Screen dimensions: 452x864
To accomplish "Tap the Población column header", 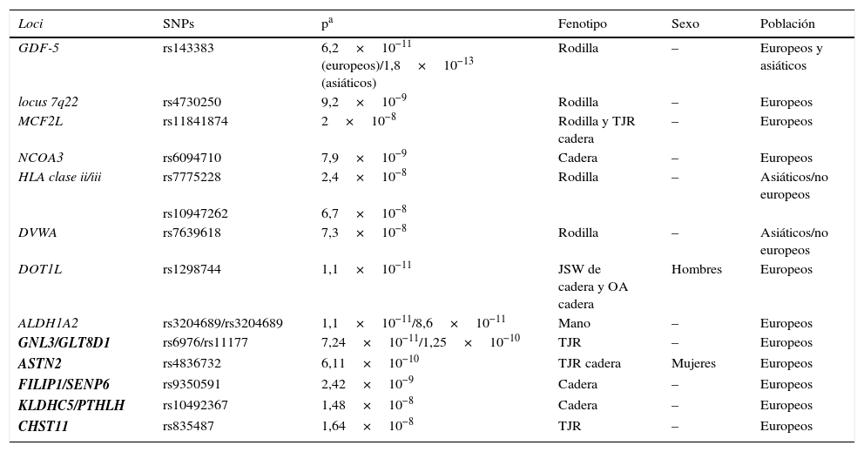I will (787, 24).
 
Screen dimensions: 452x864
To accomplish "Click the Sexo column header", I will (685, 24).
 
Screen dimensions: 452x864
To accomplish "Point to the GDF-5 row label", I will (39, 48).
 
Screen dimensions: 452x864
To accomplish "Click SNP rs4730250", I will (192, 102).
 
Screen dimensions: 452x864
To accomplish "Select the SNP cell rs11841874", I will (195, 121).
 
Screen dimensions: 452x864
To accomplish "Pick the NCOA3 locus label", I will (41, 158).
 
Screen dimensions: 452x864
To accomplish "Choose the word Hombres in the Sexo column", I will (696, 269).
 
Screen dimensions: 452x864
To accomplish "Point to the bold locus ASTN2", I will (40, 363).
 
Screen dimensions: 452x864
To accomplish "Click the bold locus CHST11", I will (44, 426).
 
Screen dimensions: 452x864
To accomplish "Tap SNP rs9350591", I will (192, 384).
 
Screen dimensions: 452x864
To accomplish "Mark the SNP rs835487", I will (188, 426).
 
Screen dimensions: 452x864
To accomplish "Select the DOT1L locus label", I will (40, 269).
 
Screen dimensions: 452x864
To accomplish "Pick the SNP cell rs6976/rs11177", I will (205, 342).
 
